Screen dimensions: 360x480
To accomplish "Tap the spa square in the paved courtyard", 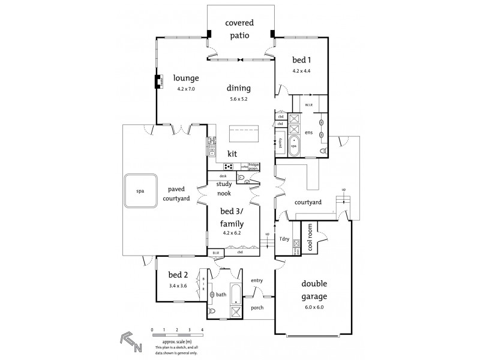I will tap(141, 191).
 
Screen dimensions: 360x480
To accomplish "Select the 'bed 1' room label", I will tap(301, 60).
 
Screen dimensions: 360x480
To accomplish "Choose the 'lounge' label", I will tap(186, 78).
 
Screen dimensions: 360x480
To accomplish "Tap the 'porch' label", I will tap(257, 307).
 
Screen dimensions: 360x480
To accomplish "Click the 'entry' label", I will tap(257, 280).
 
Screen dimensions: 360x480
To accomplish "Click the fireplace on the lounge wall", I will tap(159, 82).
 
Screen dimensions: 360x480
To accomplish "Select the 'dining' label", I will tap(239, 88).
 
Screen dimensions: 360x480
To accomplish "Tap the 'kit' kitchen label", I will tap(232, 154).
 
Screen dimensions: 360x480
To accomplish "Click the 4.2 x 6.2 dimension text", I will tap(231, 233).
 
